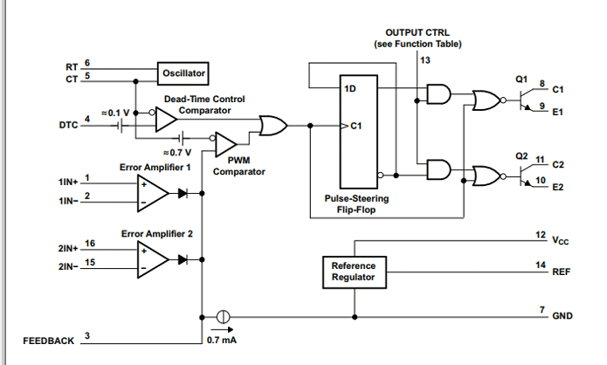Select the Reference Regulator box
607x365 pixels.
point(353,271)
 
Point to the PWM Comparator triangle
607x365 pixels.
point(225,141)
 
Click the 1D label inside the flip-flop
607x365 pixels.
point(349,89)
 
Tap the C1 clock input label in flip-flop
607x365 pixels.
point(355,127)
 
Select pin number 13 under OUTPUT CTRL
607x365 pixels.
point(424,60)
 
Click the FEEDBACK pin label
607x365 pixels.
point(49,341)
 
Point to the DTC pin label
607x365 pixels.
point(68,125)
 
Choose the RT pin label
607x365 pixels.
point(72,66)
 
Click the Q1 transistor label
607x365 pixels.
point(521,79)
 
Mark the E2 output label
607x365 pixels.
point(559,187)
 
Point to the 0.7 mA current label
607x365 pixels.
point(222,340)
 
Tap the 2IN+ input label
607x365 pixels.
point(70,249)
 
